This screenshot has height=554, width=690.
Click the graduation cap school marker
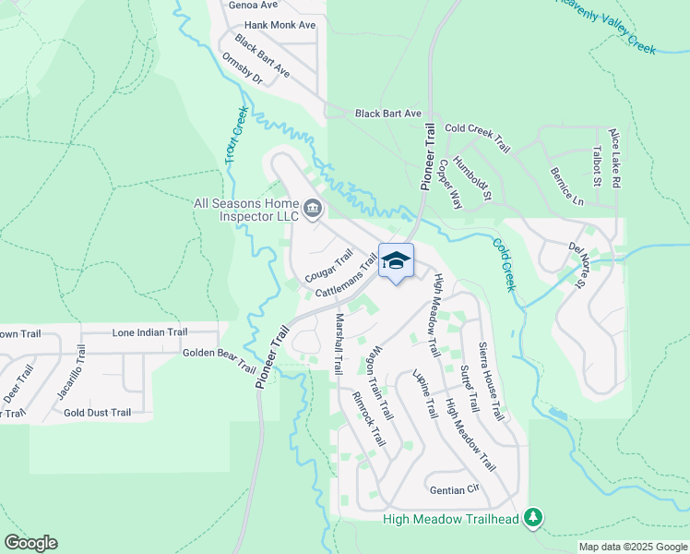tap(396, 261)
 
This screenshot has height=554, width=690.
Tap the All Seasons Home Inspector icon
tap(313, 210)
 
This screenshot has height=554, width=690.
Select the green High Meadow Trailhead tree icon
tap(532, 517)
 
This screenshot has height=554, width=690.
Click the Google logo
tap(31, 543)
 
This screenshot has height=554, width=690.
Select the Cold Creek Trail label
tap(477, 138)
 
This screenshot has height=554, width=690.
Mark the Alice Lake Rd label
tap(615, 157)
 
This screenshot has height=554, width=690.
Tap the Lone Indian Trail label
tap(149, 332)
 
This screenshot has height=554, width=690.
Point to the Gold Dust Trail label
tap(98, 412)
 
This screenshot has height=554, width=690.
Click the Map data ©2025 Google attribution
tap(633, 547)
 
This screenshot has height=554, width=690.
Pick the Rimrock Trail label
tap(368, 419)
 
